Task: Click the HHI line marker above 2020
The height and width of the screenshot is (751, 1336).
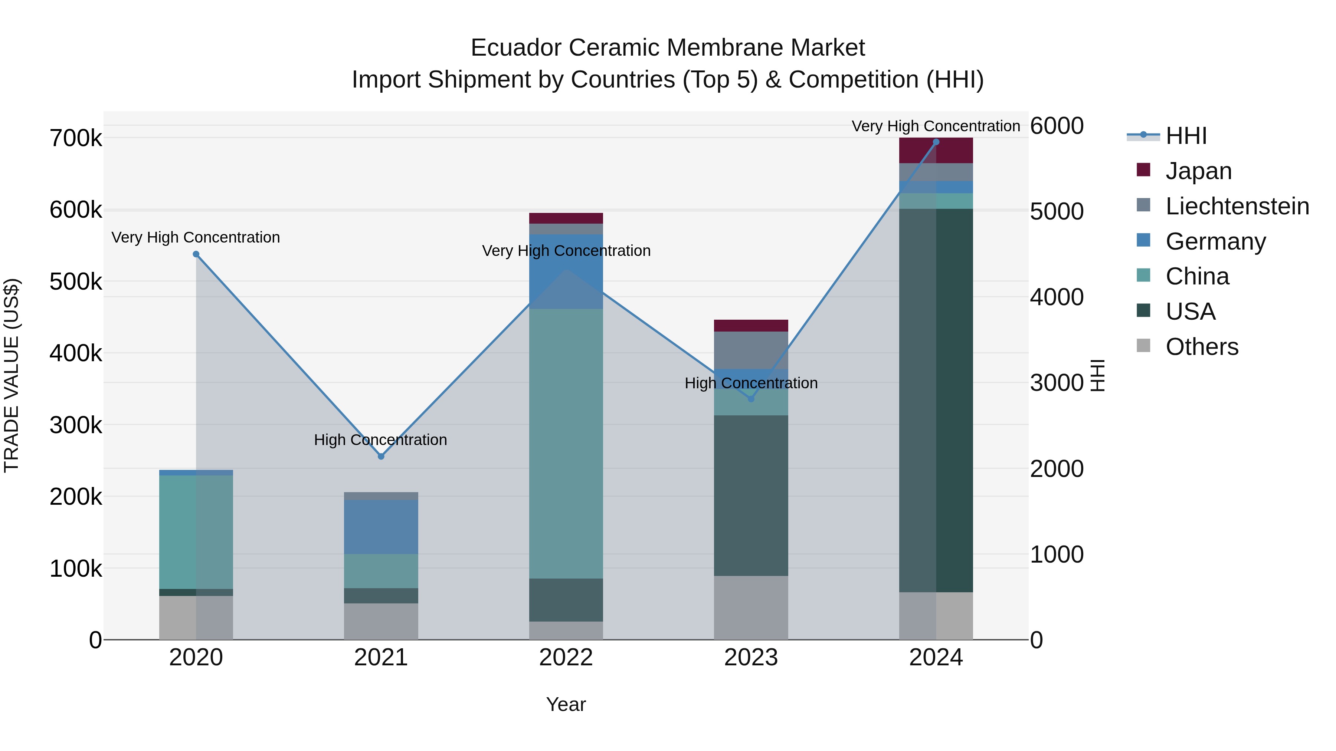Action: coord(196,254)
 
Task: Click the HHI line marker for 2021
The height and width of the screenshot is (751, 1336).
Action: coord(381,457)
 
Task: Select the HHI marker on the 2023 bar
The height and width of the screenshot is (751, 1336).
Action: coord(751,399)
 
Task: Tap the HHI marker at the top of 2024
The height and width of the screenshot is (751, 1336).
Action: coord(936,142)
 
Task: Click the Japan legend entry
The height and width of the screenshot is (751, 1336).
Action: coord(1198,171)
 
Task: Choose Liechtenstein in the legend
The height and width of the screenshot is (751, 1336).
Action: coord(1237,206)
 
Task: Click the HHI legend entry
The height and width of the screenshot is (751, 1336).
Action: coord(1186,136)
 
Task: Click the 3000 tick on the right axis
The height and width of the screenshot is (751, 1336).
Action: coord(1057,383)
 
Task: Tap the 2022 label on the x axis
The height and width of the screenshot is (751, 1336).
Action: coord(566,658)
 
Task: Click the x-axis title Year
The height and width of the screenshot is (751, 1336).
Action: coord(566,704)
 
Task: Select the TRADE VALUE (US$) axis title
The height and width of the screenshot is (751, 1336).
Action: coord(12,375)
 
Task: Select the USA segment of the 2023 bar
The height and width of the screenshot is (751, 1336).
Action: coord(751,495)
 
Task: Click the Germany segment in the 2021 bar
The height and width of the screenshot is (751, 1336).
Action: coord(381,527)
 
